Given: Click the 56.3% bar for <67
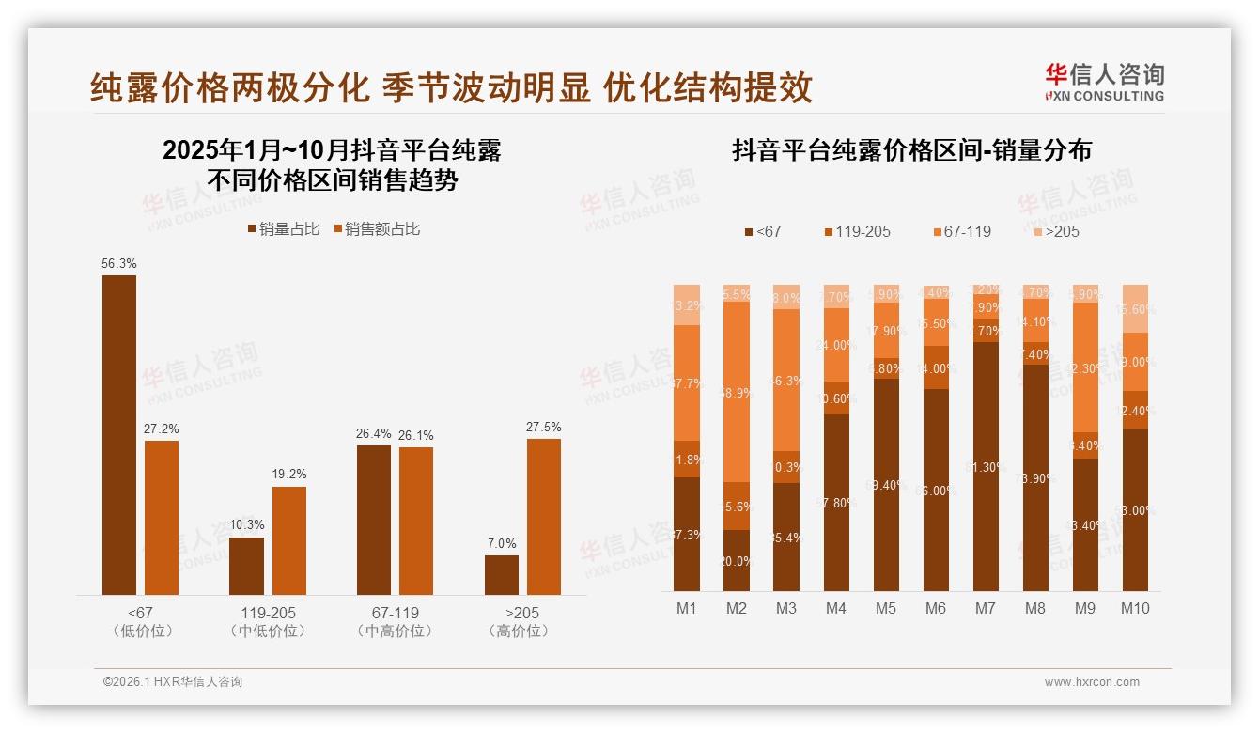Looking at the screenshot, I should [119, 434].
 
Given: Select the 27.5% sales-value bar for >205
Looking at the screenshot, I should [543, 516].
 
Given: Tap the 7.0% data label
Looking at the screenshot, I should [502, 543].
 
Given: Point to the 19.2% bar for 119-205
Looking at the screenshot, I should [288, 540].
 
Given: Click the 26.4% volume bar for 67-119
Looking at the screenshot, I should [374, 520].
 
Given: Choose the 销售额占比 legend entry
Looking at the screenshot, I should [378, 228].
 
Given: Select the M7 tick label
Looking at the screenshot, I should [985, 608].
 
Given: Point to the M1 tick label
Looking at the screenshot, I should [687, 608].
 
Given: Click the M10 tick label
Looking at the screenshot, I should [1135, 608].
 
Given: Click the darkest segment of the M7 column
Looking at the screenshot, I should [986, 466].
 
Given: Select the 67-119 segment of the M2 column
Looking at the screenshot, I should [737, 392].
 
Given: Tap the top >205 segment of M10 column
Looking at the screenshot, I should [1135, 308].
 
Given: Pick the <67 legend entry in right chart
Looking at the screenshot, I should [763, 231].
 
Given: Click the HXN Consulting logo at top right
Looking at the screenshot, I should [1104, 82].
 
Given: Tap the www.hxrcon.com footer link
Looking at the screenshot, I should [1092, 682].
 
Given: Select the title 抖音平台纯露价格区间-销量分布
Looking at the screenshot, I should [911, 151].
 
